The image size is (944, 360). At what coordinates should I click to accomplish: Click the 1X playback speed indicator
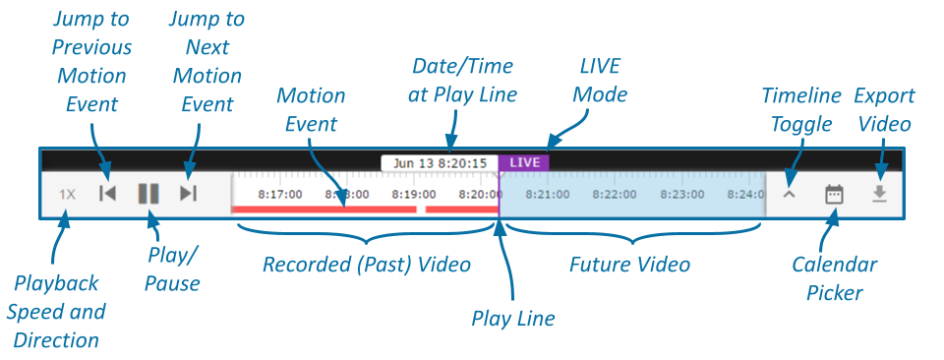67,194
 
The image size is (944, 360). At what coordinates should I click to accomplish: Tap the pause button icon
148,194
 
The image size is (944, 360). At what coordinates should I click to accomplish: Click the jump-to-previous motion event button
107,194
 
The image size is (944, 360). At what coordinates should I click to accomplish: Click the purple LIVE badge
524,162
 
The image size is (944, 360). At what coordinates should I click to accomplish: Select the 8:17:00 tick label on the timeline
280,195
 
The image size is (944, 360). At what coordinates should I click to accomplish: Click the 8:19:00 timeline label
413,195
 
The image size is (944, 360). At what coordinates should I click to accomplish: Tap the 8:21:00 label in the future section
547,195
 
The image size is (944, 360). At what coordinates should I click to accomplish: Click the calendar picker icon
834,194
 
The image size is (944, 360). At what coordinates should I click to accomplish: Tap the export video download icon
880,194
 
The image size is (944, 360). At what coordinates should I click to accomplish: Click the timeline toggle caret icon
789,195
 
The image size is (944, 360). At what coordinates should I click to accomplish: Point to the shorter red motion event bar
461,210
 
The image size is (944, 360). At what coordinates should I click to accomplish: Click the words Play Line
513,319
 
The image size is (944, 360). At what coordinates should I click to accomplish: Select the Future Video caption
630,265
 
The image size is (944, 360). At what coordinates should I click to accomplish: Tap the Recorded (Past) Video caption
367,265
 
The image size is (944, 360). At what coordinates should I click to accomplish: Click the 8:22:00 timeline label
614,195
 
